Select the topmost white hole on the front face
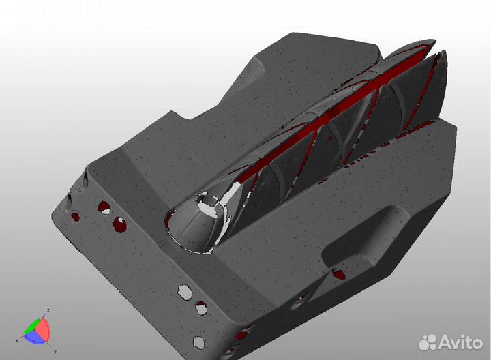[x=183, y=292]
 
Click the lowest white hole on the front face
[x=198, y=340]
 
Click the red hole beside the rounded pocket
[x=339, y=274]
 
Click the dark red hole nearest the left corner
[x=75, y=217]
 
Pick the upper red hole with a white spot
[x=104, y=207]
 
